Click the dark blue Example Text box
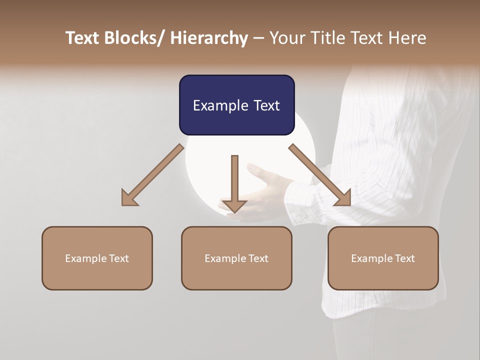pos(236,105)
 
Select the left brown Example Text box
pos(97,258)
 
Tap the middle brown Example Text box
pos(236,258)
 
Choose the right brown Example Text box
pos(383,258)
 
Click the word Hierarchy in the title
pos(209,38)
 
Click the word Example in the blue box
pos(220,105)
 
